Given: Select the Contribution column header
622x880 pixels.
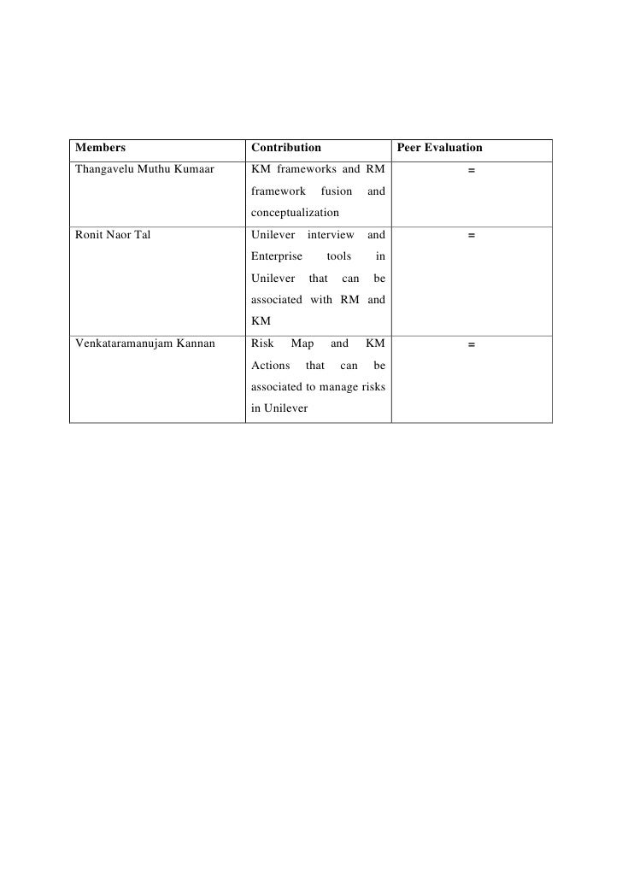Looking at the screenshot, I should [x=286, y=148].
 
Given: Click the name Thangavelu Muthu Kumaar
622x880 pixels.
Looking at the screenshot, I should [x=141, y=169].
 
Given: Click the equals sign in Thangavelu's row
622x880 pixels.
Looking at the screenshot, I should [x=471, y=170].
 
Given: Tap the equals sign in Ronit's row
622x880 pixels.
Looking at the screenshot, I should [x=471, y=236].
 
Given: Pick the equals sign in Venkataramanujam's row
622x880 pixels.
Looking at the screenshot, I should [x=471, y=344].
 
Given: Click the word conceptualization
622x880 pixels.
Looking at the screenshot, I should [x=295, y=213].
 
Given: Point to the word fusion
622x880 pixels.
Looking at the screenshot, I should [x=336, y=191].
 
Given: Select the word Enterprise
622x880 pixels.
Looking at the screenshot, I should [x=276, y=256].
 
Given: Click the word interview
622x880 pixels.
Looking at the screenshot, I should [x=330, y=235].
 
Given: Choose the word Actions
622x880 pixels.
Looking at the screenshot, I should [x=271, y=366].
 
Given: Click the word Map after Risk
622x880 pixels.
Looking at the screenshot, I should [x=302, y=343].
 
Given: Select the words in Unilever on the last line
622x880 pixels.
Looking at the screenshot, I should [x=279, y=408].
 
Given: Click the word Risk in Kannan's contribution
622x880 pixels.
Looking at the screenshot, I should [x=262, y=343].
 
